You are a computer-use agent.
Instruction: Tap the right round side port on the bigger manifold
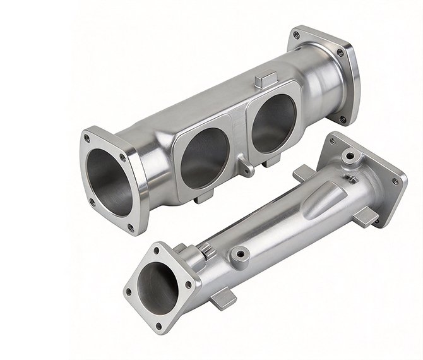point(273,124)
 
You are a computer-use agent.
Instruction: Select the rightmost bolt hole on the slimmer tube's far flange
point(396,182)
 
